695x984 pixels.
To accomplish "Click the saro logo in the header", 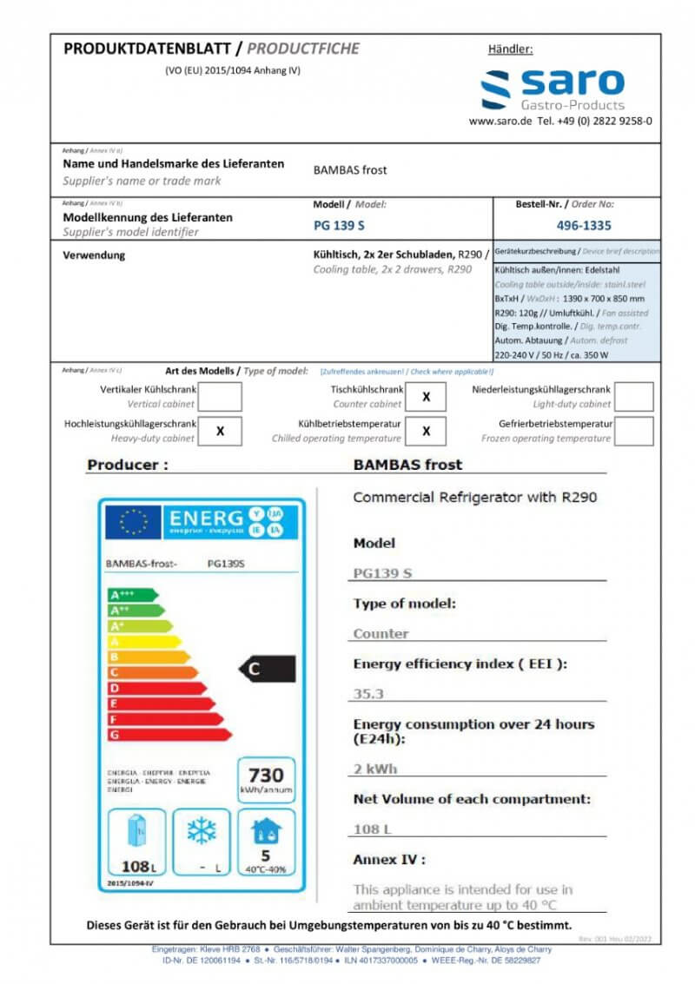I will click(x=553, y=89).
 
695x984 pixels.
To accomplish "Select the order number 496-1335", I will click(x=583, y=225).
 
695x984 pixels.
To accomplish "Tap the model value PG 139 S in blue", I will click(x=339, y=225).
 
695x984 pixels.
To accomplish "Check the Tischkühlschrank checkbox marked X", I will click(x=426, y=397).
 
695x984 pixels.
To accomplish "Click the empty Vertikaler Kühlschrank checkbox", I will click(x=221, y=397).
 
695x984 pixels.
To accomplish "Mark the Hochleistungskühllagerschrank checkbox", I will click(x=221, y=431).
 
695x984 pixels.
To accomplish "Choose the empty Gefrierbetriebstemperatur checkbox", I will click(x=634, y=431).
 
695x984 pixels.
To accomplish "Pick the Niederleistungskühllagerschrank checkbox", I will click(x=634, y=397).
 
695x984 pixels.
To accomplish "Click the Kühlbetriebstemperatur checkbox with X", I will click(x=426, y=431).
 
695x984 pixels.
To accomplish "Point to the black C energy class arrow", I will click(x=268, y=669).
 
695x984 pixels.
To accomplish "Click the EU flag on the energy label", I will click(x=133, y=521).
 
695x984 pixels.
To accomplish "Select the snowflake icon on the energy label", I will click(x=202, y=832).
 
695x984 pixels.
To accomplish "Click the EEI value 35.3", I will click(x=369, y=694).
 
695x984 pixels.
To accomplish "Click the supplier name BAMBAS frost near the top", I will click(x=350, y=170).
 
